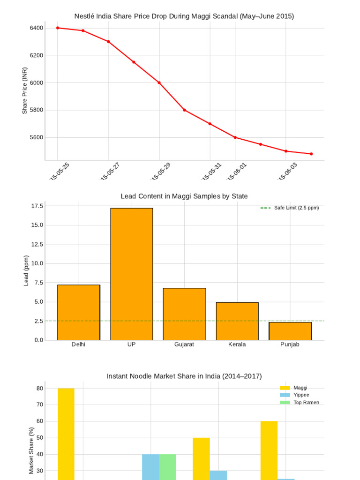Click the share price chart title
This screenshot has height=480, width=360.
[x=184, y=16]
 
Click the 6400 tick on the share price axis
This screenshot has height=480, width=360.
[x=37, y=28]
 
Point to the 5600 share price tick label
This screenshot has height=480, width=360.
[x=37, y=138]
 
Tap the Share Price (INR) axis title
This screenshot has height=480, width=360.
[x=25, y=90]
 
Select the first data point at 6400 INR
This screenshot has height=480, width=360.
[x=58, y=28]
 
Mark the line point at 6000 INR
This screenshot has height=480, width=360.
[x=159, y=83]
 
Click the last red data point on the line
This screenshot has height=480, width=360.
[x=311, y=154]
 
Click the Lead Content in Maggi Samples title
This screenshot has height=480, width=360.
[x=184, y=196]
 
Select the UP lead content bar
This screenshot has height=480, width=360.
[x=132, y=274]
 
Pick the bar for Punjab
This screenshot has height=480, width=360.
[x=290, y=331]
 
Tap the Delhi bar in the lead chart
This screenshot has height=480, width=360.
[x=79, y=312]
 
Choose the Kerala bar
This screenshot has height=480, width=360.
[x=237, y=321]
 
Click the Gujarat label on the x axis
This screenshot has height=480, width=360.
[x=184, y=345]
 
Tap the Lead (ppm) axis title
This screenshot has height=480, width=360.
[x=26, y=270]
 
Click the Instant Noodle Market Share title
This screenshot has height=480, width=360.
[x=184, y=376]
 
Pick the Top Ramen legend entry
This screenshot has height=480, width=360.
[x=306, y=403]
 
